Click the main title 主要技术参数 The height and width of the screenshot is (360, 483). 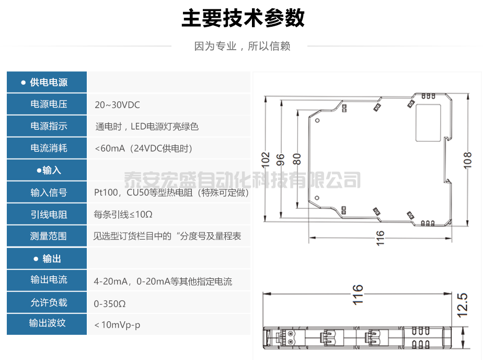[x=243, y=18]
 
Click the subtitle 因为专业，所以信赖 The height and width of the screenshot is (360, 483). [x=242, y=46]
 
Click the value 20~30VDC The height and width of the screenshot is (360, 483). [x=117, y=105]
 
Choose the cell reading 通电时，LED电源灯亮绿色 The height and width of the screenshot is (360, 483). [x=147, y=127]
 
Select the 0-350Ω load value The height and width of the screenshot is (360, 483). [x=110, y=303]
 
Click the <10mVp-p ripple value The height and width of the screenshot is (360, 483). [x=118, y=325]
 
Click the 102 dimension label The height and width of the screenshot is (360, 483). [x=266, y=159]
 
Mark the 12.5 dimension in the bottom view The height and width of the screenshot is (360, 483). [x=463, y=305]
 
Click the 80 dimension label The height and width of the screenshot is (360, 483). [x=297, y=159]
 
